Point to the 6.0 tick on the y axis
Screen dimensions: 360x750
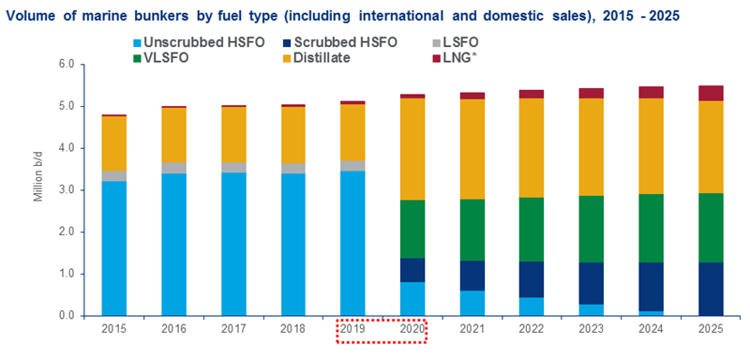65,65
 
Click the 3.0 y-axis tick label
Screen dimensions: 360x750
65,190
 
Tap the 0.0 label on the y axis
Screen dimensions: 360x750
65,316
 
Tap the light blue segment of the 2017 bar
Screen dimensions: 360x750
233,244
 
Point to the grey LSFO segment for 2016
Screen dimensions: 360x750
174,168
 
